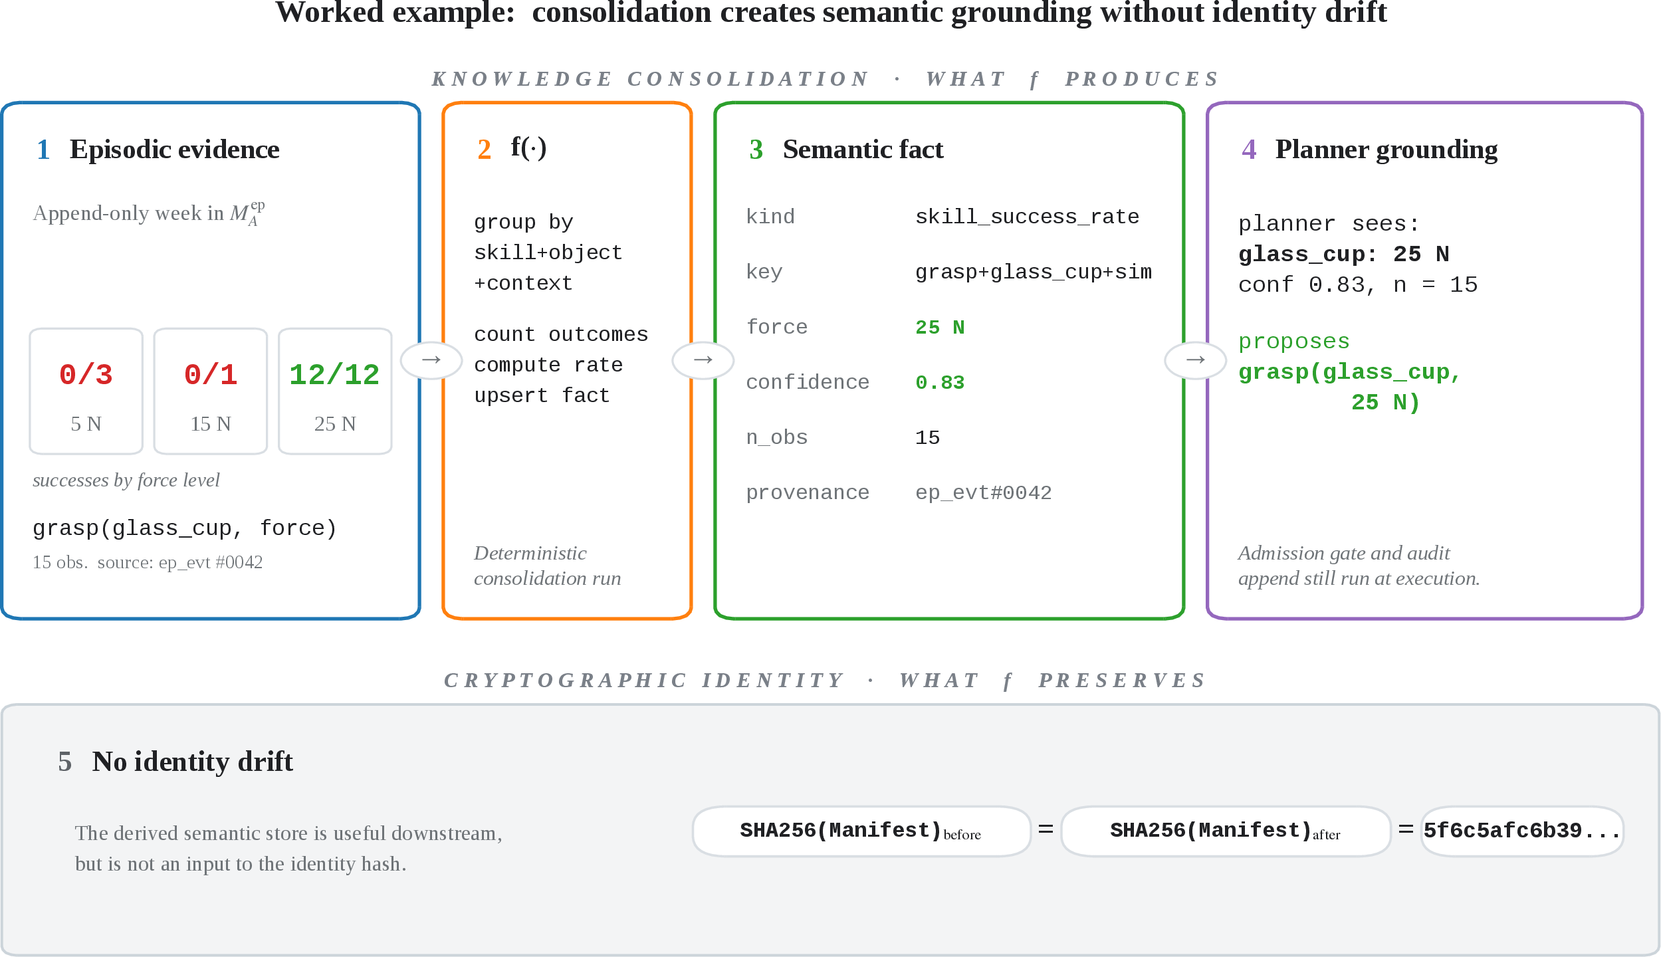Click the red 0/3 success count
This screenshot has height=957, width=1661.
(86, 375)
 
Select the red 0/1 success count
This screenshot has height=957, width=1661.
(210, 375)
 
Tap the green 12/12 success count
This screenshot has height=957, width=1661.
(334, 375)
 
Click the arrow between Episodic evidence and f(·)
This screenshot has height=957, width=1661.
(431, 360)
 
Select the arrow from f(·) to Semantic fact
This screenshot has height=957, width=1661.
(703, 360)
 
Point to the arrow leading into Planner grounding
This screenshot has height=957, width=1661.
(1195, 360)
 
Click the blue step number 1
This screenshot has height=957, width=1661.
(43, 150)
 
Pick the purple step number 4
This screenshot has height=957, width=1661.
(1249, 150)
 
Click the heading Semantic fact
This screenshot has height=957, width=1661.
(863, 150)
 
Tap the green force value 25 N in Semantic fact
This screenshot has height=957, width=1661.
(940, 327)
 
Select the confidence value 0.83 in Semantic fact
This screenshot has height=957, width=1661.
(940, 382)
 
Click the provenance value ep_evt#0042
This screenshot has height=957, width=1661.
(983, 492)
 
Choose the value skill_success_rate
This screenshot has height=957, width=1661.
(1027, 217)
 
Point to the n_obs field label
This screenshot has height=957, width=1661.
(776, 437)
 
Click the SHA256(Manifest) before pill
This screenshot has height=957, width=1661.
(861, 831)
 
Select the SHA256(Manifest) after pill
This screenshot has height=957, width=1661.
(1226, 831)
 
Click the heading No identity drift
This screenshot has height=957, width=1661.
(192, 762)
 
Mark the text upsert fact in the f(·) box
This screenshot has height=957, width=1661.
(542, 395)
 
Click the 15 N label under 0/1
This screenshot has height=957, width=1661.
(210, 424)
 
